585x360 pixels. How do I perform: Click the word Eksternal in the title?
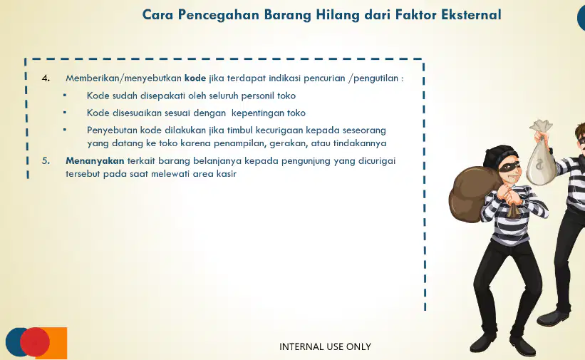point(471,14)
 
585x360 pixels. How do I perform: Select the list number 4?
point(46,78)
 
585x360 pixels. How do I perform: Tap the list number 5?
point(46,161)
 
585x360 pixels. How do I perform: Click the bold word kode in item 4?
point(195,78)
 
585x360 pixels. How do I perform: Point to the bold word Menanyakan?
point(95,161)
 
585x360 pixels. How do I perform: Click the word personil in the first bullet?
point(257,96)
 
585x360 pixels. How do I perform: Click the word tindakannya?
point(360,143)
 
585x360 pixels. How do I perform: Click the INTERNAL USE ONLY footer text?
point(325,346)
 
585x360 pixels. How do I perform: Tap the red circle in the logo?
point(35,341)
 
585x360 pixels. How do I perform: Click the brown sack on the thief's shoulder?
point(473,194)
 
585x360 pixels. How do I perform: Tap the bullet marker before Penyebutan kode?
point(65,130)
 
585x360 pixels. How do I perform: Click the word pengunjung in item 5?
point(306,161)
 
